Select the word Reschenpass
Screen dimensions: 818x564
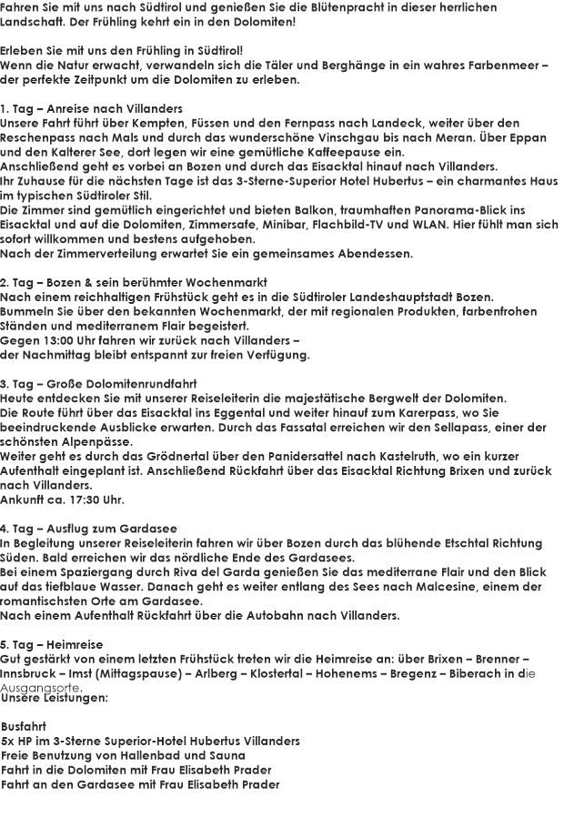[x=36, y=136]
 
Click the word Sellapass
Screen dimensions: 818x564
[x=443, y=428]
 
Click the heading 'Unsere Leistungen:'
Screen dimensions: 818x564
[x=55, y=698]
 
